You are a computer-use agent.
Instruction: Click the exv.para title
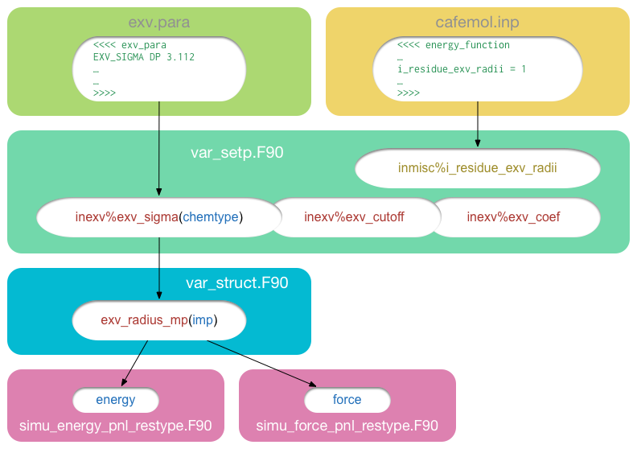click(x=158, y=22)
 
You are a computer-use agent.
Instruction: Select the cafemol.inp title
click(x=478, y=22)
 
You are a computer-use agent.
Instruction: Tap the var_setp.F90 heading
click(x=236, y=152)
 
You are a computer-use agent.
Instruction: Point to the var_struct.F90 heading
click(x=236, y=282)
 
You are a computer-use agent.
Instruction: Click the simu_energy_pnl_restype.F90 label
click(x=116, y=426)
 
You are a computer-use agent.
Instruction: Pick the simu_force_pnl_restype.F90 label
click(x=347, y=426)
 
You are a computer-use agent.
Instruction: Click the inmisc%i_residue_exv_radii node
click(x=478, y=168)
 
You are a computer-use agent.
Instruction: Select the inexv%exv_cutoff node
click(x=354, y=216)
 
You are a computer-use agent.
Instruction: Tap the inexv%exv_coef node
click(x=513, y=216)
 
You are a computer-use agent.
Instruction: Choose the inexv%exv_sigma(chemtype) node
click(x=158, y=216)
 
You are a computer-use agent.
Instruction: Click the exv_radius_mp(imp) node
click(x=159, y=320)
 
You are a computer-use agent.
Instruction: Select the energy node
click(x=116, y=400)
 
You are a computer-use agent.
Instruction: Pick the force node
click(x=347, y=400)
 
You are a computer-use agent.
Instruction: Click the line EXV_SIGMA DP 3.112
click(x=144, y=57)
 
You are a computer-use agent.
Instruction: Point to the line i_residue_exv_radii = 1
click(x=462, y=69)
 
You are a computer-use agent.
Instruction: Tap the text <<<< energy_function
click(x=454, y=45)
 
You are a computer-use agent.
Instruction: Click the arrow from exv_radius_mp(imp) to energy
click(x=135, y=362)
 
